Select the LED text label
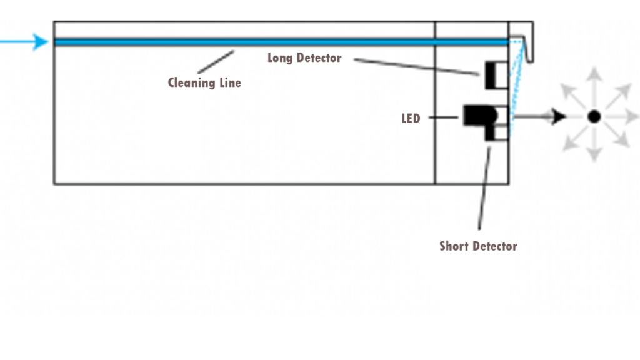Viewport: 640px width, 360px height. (x=411, y=118)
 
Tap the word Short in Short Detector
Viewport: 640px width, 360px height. (x=455, y=246)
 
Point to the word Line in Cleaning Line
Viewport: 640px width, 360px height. (x=229, y=82)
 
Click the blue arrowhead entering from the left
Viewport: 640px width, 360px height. (x=41, y=42)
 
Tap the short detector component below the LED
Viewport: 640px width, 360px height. (x=496, y=132)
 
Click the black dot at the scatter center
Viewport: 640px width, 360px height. (x=594, y=116)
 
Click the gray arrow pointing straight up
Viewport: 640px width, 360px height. (x=594, y=78)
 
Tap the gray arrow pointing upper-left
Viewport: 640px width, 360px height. (x=569, y=91)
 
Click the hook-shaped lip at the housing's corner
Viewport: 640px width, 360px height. (x=529, y=47)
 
